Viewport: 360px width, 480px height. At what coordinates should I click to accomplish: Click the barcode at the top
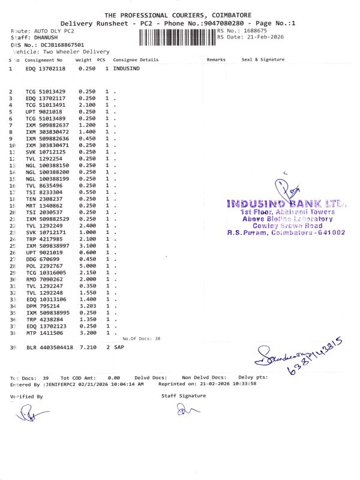pos(177,38)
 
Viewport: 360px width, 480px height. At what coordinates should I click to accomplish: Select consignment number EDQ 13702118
pos(46,69)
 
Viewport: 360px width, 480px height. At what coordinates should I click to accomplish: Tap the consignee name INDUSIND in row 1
pos(127,69)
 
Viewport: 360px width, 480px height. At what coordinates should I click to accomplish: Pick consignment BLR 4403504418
pos(49,347)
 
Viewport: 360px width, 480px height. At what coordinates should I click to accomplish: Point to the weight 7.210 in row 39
pos(88,347)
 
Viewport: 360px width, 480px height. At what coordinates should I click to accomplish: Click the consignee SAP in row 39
pos(118,347)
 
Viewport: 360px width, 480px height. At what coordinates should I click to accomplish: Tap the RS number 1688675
pos(255,31)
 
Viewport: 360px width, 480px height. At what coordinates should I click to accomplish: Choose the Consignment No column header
pos(43,60)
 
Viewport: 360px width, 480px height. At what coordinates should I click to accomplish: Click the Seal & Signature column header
pos(263,60)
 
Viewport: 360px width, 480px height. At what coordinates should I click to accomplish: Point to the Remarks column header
pos(216,60)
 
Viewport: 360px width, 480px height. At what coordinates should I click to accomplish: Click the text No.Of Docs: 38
pos(142,338)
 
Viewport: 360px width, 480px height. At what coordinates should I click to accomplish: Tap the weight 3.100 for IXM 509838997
pos(87,246)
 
